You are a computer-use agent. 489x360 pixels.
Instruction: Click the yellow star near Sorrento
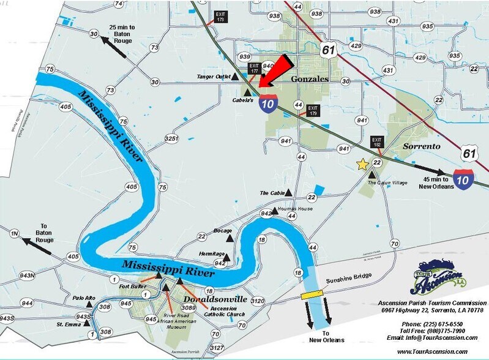[x=362, y=164]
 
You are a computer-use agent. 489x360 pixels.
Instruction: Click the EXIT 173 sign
[x=220, y=17]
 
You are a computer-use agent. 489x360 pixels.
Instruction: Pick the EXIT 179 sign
[x=313, y=110]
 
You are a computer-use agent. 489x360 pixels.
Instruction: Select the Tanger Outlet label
[x=214, y=77]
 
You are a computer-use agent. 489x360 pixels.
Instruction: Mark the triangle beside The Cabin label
[x=290, y=193]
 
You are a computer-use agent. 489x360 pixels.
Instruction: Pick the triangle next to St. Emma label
[x=87, y=323]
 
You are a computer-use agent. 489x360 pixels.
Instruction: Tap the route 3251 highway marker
[x=172, y=139]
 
